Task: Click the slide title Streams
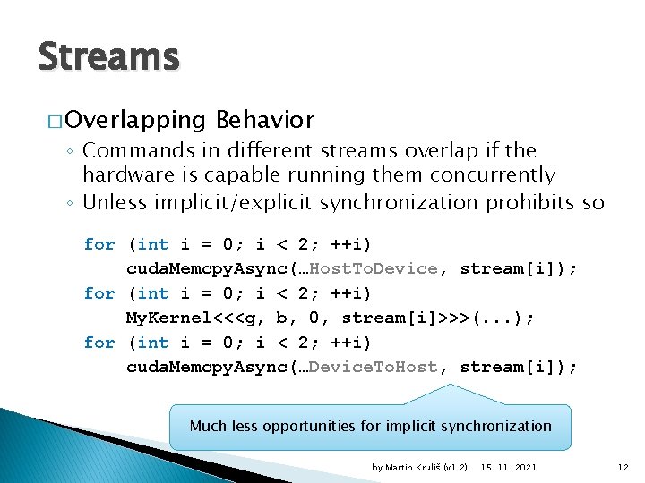coord(108,57)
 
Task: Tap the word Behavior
coord(265,120)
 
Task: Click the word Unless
coord(115,202)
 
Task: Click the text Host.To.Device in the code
coord(376,268)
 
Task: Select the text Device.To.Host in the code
coord(376,367)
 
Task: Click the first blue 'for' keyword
coord(99,244)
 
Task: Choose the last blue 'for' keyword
coord(99,343)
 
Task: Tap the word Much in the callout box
coord(207,426)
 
